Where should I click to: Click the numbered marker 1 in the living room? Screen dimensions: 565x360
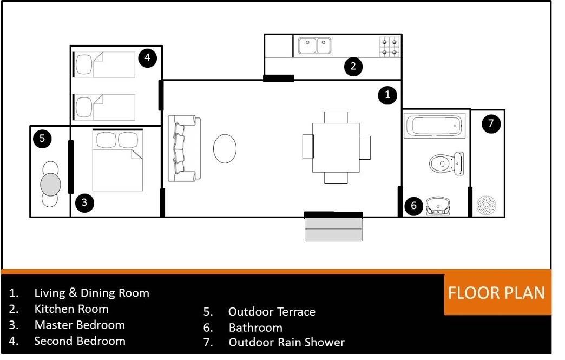pos(387,95)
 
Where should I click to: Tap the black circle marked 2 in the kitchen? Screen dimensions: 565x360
pos(353,66)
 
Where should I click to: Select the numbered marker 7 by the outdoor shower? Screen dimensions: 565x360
pos(491,123)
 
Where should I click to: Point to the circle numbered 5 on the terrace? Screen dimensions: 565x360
pos(42,139)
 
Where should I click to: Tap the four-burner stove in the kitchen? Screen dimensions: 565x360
pos(390,47)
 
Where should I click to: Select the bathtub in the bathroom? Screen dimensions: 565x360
pos(435,126)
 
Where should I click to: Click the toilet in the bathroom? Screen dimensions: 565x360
pos(446,163)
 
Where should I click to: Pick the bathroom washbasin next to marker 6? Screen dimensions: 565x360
pos(438,206)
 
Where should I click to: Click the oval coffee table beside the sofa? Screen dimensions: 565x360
pos(225,148)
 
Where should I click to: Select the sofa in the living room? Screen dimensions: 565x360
pos(184,148)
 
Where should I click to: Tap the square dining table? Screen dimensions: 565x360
pos(336,148)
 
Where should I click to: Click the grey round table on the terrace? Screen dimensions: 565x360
pos(50,185)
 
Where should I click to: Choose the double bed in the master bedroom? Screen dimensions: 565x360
pos(117,160)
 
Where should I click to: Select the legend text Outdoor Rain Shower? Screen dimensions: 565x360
pos(287,342)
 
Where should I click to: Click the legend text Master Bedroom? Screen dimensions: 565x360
pos(80,325)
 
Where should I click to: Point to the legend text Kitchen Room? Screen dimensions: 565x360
pos(71,309)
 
